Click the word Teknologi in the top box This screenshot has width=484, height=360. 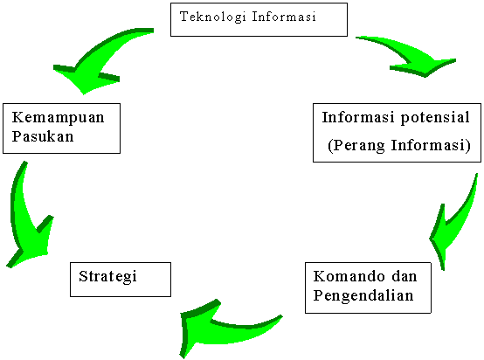pos(212,17)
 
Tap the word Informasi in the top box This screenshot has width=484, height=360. pos(284,17)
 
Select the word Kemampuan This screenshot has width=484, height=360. pos(58,117)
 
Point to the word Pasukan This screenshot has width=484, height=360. pos(43,136)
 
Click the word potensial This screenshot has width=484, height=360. pos(435,118)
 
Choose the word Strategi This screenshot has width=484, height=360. pos(107,276)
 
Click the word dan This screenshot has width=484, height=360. pos(404,276)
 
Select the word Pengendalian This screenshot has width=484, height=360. pos(363,296)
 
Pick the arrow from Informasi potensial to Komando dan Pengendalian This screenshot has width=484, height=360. pos(453,222)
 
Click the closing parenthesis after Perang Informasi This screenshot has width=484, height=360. pos(467,146)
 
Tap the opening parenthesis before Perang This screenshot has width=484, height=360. pos(330,146)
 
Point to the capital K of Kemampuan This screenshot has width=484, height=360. pos(17,118)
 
